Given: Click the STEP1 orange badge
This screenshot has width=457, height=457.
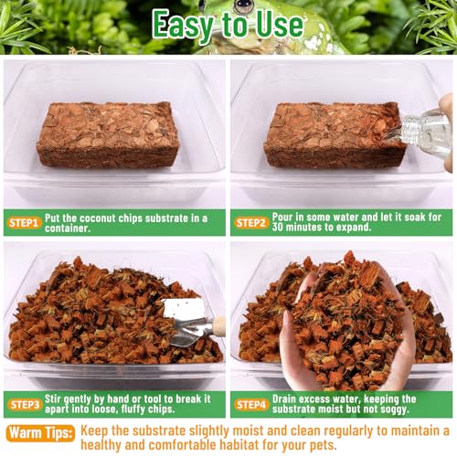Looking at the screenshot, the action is pos(24,223).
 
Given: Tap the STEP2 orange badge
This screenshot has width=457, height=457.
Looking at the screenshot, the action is pos(251,223).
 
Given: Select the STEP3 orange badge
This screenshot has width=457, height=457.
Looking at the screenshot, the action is pos(26,405).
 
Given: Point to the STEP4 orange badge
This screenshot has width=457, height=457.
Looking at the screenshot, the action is pos(251,405).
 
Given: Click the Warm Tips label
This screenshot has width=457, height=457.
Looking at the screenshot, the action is pos(40,433).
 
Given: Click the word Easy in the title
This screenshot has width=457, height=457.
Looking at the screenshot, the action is pos(184,25).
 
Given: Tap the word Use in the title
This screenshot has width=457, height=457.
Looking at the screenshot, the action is pos(280,25).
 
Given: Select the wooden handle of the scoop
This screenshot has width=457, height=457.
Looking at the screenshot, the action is pos(219,324).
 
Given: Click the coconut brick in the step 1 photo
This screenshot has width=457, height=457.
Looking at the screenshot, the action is pos(107,134).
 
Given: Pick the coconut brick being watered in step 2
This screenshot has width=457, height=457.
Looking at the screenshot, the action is pos(335,135).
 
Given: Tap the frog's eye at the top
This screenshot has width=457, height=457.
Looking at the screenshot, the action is pos(243,6).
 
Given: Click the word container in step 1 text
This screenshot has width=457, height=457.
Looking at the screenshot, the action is pos(67,228).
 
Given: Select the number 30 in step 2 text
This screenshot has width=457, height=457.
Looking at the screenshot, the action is pos(278,227).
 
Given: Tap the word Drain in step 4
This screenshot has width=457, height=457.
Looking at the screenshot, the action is pos(284,399).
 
